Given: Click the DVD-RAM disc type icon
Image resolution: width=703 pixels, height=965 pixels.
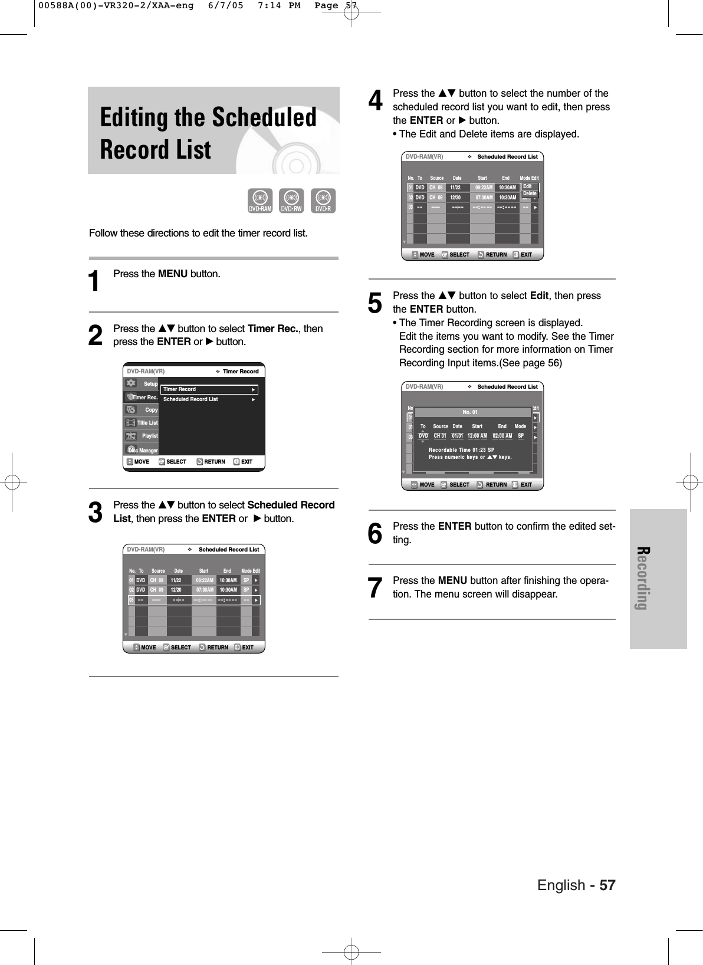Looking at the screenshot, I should pyautogui.click(x=260, y=201).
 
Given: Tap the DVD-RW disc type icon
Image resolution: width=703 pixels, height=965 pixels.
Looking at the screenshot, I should pyautogui.click(x=291, y=201).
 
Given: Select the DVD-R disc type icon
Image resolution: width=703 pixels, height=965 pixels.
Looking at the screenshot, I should pyautogui.click(x=323, y=201).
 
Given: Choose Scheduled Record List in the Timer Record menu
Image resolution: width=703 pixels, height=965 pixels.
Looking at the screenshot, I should pyautogui.click(x=190, y=399).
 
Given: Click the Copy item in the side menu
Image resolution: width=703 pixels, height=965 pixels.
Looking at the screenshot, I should pyautogui.click(x=151, y=410).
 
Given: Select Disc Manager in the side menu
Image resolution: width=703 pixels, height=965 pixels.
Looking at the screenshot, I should pyautogui.click(x=143, y=451).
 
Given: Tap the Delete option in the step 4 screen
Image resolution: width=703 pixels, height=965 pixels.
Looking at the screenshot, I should pyautogui.click(x=530, y=193).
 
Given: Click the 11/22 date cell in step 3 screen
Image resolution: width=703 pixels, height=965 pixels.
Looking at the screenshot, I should pyautogui.click(x=176, y=580).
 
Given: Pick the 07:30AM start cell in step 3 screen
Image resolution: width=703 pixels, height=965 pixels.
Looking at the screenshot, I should pyautogui.click(x=204, y=590).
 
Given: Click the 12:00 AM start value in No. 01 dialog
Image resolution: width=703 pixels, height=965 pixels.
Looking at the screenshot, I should pyautogui.click(x=477, y=436).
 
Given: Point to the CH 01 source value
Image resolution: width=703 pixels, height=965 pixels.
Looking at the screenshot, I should pyautogui.click(x=440, y=436).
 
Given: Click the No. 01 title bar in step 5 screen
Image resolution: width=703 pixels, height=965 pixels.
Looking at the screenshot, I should pyautogui.click(x=470, y=412).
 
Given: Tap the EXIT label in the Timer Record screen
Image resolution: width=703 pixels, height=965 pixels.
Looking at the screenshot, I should pyautogui.click(x=247, y=462).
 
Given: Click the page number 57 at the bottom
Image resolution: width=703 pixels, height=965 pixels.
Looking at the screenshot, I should pyautogui.click(x=607, y=885).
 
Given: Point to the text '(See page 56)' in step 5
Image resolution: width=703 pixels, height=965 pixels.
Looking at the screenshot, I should pyautogui.click(x=534, y=363).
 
